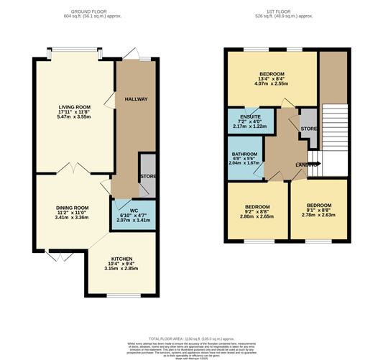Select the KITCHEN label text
[x=121, y=258]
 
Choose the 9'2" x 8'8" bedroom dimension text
[x=256, y=211]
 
